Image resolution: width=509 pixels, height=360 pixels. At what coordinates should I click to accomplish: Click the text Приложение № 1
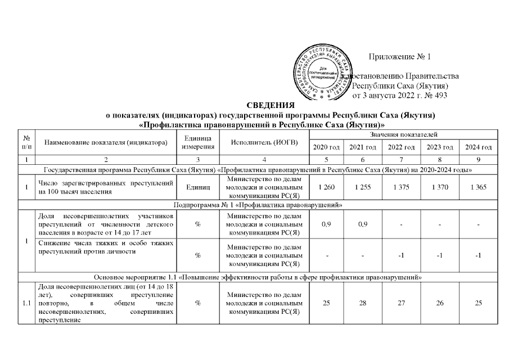[399, 57]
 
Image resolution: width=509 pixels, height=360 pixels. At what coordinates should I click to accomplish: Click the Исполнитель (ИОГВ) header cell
[264, 142]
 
